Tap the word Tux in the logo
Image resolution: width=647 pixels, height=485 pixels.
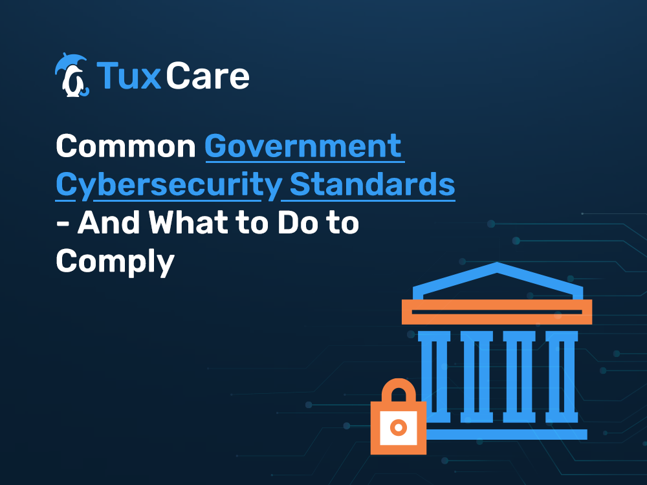[128, 76]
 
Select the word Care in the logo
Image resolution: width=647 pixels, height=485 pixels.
[208, 76]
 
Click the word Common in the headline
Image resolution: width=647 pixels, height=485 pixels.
[126, 146]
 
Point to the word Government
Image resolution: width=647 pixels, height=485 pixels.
[303, 146]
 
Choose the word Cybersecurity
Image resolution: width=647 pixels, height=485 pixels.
[169, 186]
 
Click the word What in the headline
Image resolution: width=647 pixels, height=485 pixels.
[188, 222]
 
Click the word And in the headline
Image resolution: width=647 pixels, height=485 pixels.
[109, 222]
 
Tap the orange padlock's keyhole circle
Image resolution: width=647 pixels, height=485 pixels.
[399, 427]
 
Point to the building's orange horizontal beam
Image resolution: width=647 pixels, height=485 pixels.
[497, 312]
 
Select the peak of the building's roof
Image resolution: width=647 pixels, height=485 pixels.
[497, 264]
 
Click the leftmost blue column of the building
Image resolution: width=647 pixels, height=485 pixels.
[433, 377]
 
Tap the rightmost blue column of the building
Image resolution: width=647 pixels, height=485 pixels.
[562, 377]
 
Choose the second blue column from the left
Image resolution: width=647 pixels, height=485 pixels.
[477, 377]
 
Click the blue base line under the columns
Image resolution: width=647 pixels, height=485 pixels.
[507, 435]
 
